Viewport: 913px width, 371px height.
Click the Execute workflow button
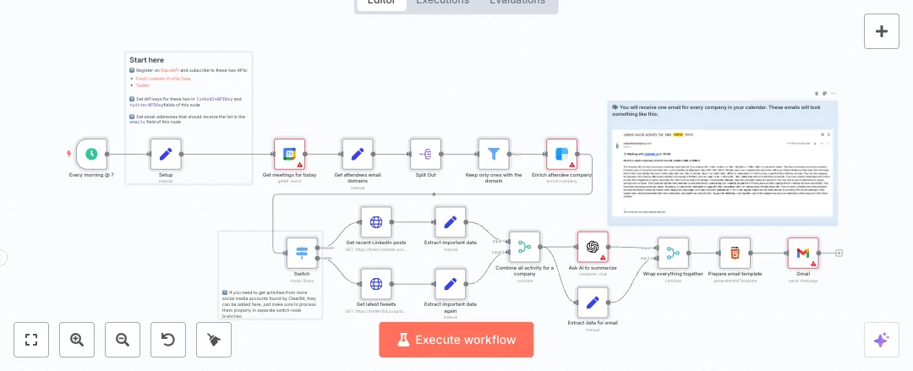pyautogui.click(x=456, y=340)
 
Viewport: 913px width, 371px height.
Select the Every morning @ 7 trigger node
pyautogui.click(x=91, y=155)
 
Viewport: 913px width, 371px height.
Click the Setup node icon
pyautogui.click(x=166, y=155)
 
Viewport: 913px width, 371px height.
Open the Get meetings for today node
pyautogui.click(x=289, y=155)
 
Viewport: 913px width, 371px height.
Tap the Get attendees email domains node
pyautogui.click(x=358, y=155)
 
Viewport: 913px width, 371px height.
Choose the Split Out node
pyautogui.click(x=425, y=155)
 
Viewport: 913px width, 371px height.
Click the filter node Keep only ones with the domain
pyautogui.click(x=494, y=155)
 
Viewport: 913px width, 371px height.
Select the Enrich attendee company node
pyautogui.click(x=561, y=155)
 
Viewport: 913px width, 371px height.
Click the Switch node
pyautogui.click(x=302, y=253)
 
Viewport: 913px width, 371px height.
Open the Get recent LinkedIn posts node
pyautogui.click(x=376, y=222)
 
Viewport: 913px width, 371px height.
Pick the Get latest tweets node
pyautogui.click(x=376, y=283)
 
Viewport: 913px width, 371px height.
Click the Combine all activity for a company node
pyautogui.click(x=524, y=247)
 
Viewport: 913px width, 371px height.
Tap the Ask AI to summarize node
pyautogui.click(x=593, y=247)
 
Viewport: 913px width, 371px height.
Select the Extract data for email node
pyautogui.click(x=593, y=302)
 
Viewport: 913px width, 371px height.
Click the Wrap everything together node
pyautogui.click(x=673, y=253)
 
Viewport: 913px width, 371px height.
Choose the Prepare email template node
pyautogui.click(x=735, y=253)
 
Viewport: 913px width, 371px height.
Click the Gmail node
pyautogui.click(x=803, y=253)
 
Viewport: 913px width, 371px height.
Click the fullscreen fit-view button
pyautogui.click(x=31, y=340)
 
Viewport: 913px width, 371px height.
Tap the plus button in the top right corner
pyautogui.click(x=881, y=31)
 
